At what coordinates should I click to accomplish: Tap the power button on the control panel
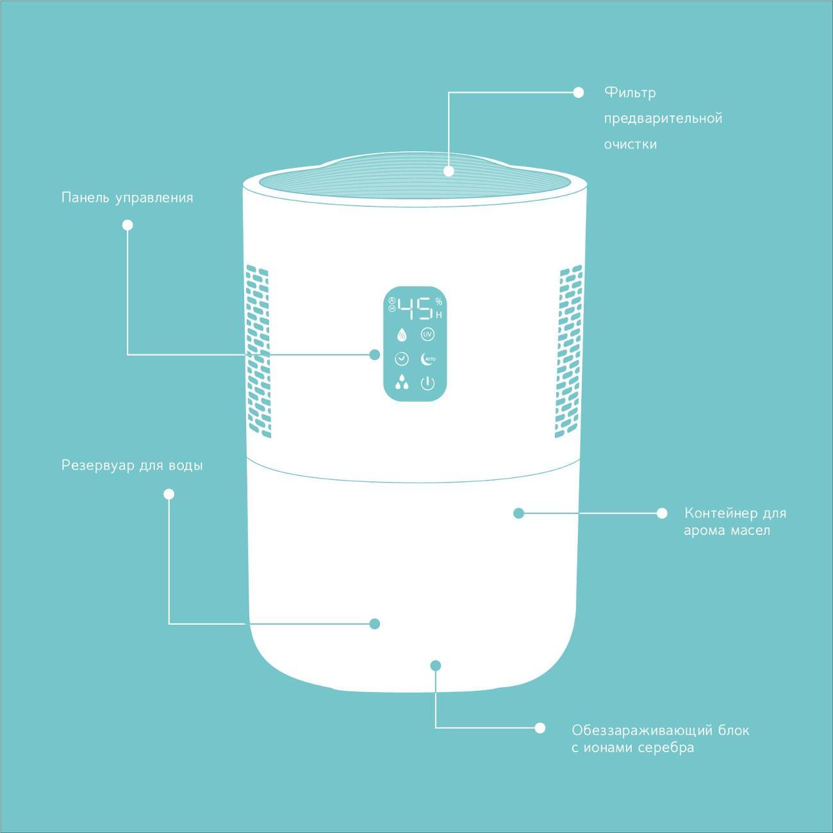[427, 383]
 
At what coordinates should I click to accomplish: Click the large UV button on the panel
[427, 334]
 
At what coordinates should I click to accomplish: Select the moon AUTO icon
[428, 359]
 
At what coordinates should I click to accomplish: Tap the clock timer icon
[402, 359]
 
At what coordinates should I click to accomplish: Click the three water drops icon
[402, 382]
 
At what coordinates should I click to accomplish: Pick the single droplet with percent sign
[402, 334]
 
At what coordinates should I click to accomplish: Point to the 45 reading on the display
[415, 309]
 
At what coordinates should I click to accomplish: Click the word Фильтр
[630, 93]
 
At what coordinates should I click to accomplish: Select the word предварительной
[663, 119]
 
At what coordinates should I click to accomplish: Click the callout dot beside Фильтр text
[578, 92]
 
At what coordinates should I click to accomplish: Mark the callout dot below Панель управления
[128, 225]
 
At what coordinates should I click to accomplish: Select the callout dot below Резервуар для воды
[169, 493]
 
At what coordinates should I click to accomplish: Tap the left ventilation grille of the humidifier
[258, 351]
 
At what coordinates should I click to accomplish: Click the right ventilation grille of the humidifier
[569, 351]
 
